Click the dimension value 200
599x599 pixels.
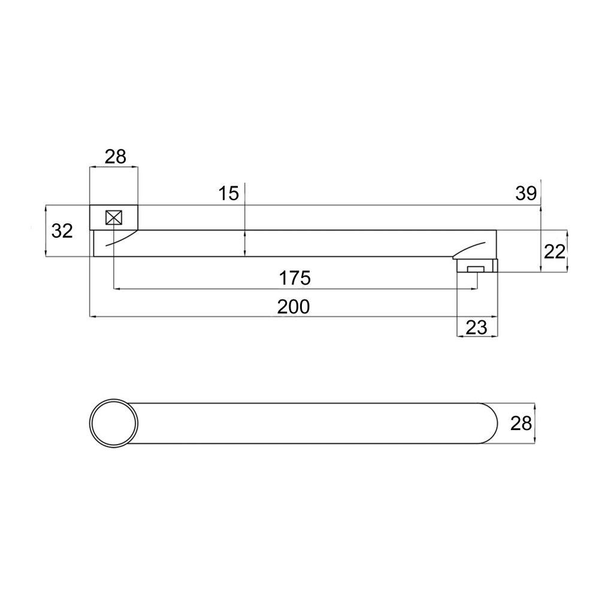[294, 307]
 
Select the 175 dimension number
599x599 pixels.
[295, 278]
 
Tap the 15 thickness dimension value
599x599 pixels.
[228, 193]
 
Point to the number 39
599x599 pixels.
[526, 193]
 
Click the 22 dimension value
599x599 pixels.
[554, 252]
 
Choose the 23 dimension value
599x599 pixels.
[476, 328]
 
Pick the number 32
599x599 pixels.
[62, 231]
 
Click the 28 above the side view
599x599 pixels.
[116, 156]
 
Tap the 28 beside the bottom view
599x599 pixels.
[521, 423]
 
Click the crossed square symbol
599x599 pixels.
[114, 218]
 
